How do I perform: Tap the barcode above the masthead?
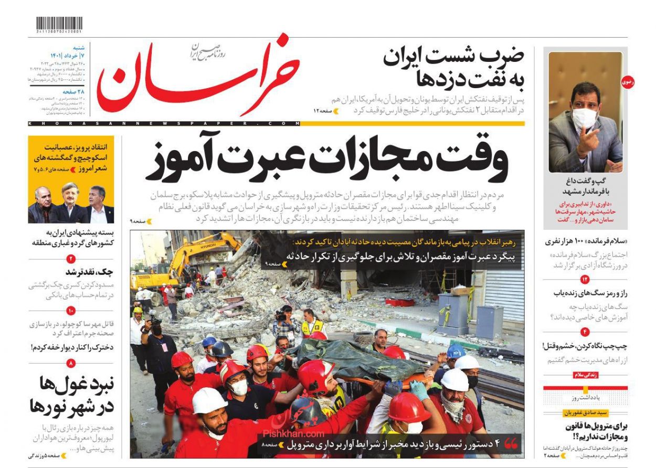[59, 24]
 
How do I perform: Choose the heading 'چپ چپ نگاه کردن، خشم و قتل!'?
[586, 346]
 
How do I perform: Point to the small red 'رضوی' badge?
[627, 82]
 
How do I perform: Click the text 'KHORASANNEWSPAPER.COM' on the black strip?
[163, 123]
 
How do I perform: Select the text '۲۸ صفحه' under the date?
[73, 91]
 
